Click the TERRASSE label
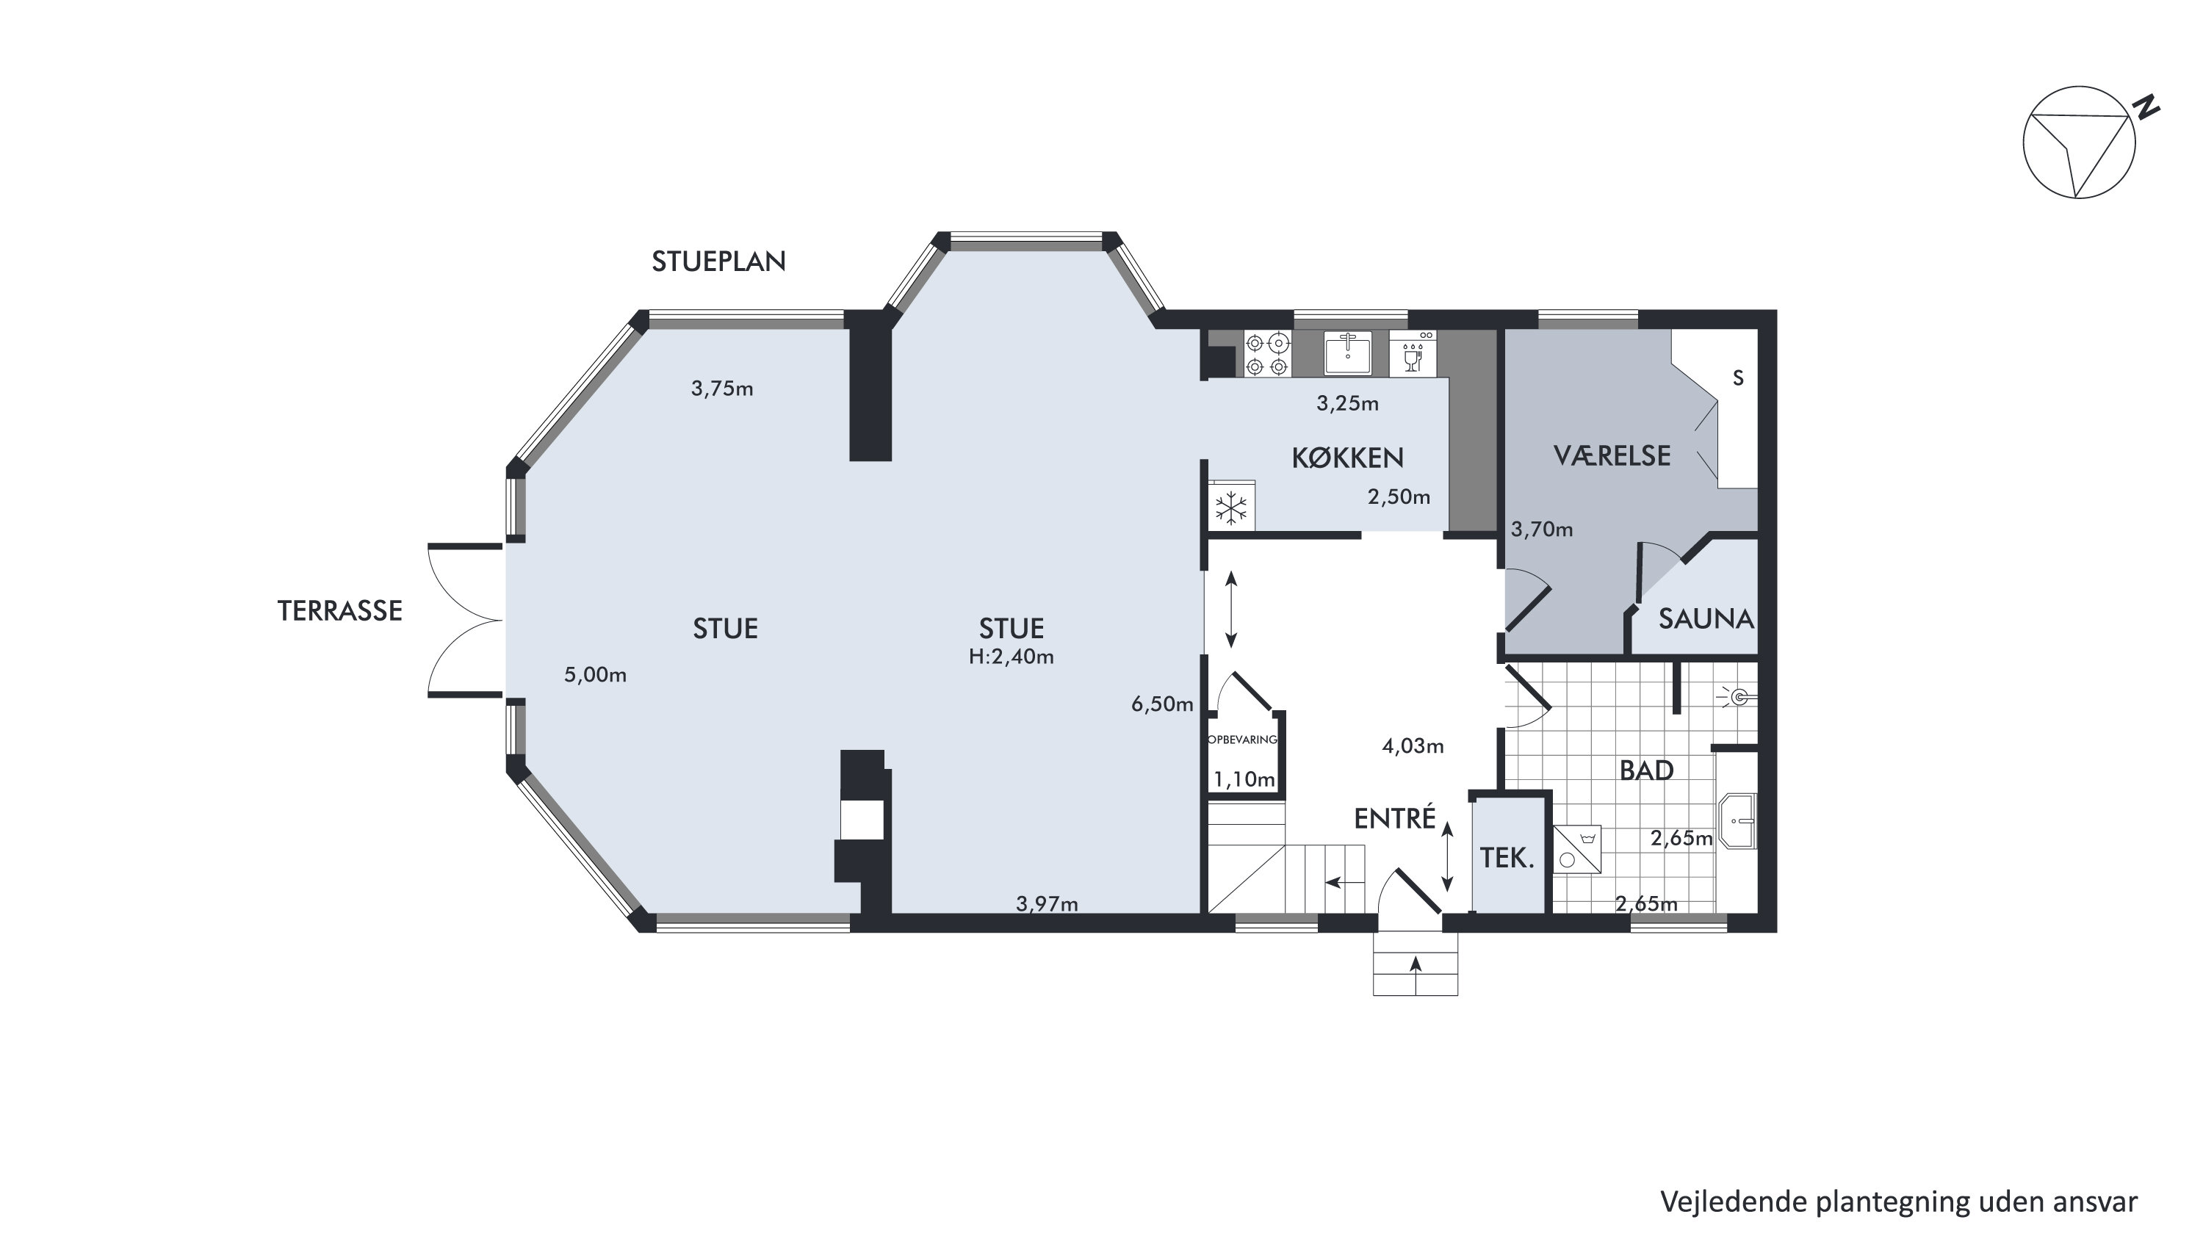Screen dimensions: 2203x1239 pos(339,610)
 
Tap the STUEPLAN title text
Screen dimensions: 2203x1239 pos(718,261)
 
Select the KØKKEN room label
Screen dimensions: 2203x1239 pos(1347,458)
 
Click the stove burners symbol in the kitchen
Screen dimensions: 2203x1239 pos(1266,354)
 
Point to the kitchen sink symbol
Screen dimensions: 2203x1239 pos(1347,353)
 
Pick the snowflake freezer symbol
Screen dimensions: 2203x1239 pos(1231,509)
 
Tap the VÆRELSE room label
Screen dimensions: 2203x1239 pos(1611,456)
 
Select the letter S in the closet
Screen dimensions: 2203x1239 pos(1738,378)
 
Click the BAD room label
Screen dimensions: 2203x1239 pos(1646,770)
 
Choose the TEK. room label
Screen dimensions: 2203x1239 pos(1507,858)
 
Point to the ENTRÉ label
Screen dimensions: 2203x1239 pos(1394,818)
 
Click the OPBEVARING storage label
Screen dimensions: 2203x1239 pos(1243,740)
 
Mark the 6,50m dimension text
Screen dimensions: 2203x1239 pos(1161,704)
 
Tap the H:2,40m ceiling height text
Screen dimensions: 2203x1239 pos(1011,657)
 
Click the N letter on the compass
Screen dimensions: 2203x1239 pos(2146,108)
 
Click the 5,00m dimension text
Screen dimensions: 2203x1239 pos(595,675)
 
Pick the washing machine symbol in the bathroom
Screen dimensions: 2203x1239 pos(1577,849)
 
